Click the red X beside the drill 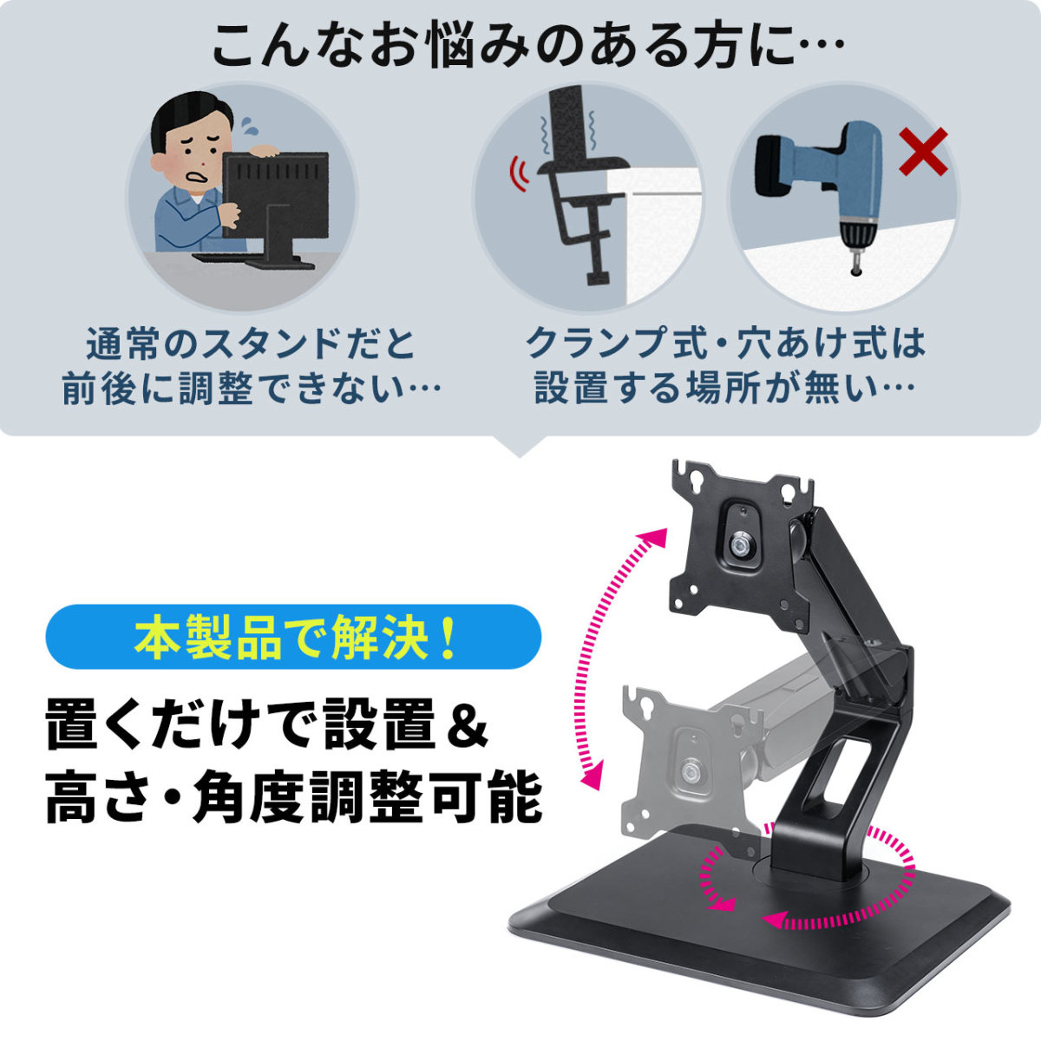(x=922, y=153)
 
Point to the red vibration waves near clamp (x=519, y=173)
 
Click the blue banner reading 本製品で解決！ (x=293, y=637)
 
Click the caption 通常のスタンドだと (x=251, y=344)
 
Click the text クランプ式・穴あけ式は (x=726, y=344)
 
